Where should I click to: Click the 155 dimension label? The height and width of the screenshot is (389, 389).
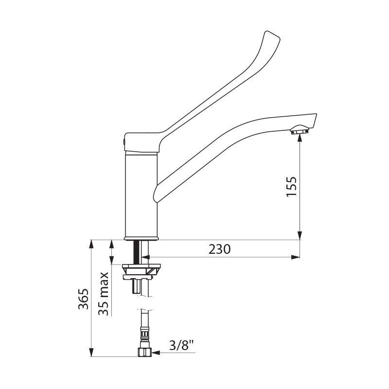click(292, 186)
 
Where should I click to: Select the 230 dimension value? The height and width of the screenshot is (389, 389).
click(219, 249)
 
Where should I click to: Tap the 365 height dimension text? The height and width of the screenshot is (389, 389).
click(83, 299)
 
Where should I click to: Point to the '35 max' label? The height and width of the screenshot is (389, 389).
click(104, 294)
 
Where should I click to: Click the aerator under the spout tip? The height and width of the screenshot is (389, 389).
click(300, 131)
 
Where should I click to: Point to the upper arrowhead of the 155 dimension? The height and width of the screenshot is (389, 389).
click(300, 139)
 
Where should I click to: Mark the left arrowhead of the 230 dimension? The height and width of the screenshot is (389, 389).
click(148, 257)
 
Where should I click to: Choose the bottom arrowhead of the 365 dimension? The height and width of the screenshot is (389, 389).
click(91, 352)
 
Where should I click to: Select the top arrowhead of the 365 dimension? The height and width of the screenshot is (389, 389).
click(91, 244)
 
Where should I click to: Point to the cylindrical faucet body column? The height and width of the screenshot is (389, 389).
click(141, 194)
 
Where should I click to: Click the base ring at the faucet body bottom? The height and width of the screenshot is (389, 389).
click(141, 238)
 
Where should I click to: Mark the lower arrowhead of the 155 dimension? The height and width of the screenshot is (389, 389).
click(300, 235)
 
